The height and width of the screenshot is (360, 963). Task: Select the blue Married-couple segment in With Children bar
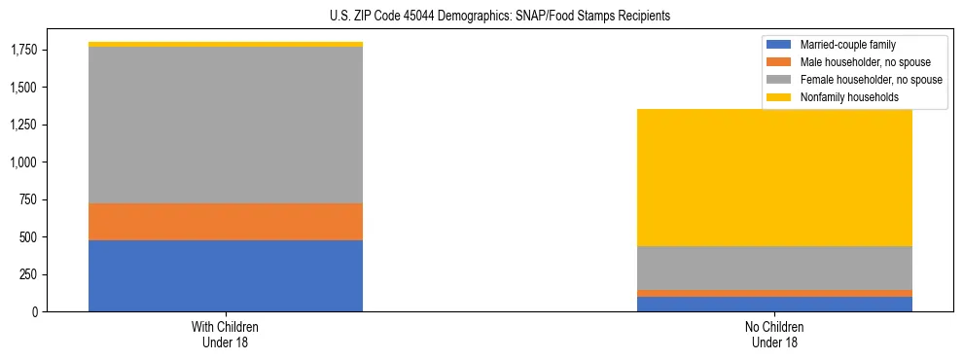[226, 275]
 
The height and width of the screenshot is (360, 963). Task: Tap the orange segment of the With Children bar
[226, 222]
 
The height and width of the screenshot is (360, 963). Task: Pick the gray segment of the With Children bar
[226, 125]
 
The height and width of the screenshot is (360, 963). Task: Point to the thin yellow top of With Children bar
[226, 44]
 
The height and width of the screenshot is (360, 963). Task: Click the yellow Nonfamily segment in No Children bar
[774, 177]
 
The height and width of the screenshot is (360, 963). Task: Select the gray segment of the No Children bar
[774, 268]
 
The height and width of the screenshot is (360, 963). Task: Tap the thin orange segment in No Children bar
[774, 293]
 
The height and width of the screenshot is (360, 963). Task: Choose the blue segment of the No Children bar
[774, 304]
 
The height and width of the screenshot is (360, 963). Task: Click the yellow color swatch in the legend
[779, 97]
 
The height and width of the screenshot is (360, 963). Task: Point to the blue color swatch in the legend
[779, 45]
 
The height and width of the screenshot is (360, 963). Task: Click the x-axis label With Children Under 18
[226, 334]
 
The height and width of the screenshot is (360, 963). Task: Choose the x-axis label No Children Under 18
[774, 334]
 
